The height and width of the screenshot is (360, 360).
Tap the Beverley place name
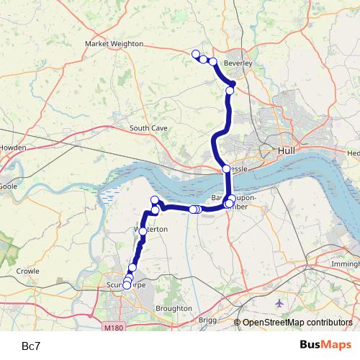pyautogui.click(x=238, y=63)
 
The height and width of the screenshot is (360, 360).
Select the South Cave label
pyautogui.click(x=148, y=128)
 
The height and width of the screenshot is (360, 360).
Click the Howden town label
pyautogui.click(x=14, y=148)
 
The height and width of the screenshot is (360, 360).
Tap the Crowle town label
pyautogui.click(x=29, y=271)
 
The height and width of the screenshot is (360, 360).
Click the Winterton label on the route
pyautogui.click(x=150, y=229)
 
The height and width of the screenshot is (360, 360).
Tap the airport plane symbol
pyautogui.click(x=279, y=304)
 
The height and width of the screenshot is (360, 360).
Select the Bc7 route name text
pyautogui.click(x=31, y=346)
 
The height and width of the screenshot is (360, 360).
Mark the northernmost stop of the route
pyautogui.click(x=195, y=54)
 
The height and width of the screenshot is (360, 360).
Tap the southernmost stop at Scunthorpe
pyautogui.click(x=127, y=285)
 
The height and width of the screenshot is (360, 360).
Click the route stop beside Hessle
pyautogui.click(x=225, y=168)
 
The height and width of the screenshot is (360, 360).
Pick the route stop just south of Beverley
pyautogui.click(x=230, y=90)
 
